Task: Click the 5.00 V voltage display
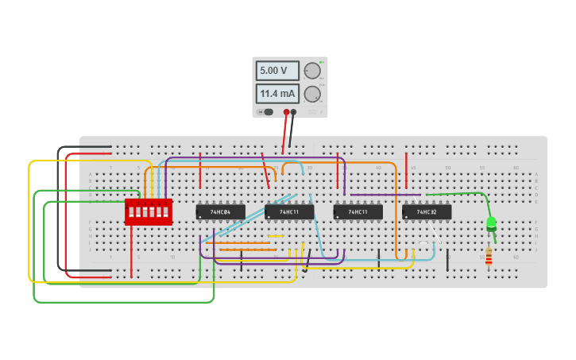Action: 276,71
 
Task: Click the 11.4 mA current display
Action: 276,94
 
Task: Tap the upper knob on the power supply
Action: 312,71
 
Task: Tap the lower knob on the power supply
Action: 312,95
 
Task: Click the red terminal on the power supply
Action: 287,112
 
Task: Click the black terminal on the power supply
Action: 294,112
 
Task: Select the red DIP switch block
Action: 149,212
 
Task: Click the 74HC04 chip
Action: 220,212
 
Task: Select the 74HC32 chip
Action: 427,212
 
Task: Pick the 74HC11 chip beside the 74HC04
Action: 289,212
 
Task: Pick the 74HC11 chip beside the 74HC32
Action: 358,212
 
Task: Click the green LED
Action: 491,223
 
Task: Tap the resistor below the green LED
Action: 489,256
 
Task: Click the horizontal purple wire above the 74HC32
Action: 385,195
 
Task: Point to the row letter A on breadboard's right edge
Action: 536,174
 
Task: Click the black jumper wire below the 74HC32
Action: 447,260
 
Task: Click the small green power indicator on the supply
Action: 320,62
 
